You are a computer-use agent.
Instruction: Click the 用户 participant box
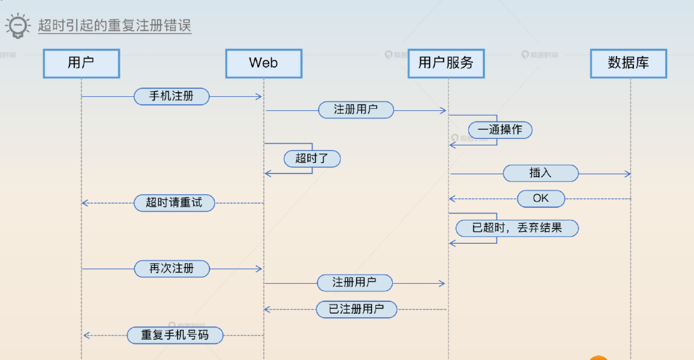81,63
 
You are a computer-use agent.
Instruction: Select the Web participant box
263,63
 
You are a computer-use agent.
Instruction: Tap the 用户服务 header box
446,63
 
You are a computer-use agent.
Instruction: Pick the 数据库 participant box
628,63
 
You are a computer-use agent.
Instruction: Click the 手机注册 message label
172,96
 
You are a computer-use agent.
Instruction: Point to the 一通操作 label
500,130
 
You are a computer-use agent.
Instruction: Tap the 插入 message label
540,173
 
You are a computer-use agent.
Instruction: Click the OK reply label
541,198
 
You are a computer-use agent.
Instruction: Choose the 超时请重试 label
174,202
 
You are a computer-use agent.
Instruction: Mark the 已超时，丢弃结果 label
517,228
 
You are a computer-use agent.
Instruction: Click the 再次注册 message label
172,268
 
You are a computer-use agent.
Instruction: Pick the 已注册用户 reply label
357,309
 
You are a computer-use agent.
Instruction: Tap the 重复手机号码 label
174,335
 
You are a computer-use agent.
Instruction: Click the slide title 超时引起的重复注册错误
115,26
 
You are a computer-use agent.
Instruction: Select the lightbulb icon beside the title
18,25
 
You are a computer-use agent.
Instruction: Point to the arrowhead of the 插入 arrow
628,174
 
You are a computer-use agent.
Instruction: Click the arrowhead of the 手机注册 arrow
259,97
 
